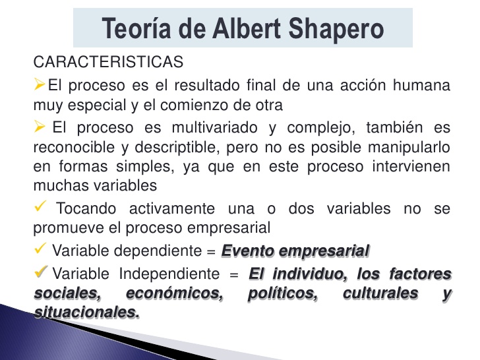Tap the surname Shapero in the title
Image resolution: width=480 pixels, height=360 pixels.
340,29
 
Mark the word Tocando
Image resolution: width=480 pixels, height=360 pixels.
87,209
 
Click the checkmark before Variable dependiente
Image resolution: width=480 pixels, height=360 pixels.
40,250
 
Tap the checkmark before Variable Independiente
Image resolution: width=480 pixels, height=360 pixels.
40,272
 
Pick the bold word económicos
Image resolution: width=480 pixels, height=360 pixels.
173,293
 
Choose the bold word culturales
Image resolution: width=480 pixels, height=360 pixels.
380,293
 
